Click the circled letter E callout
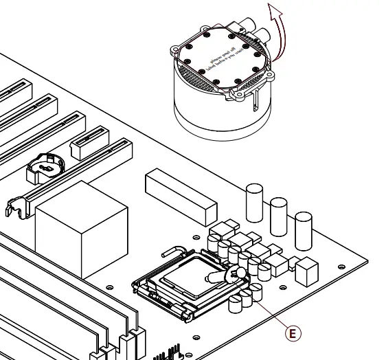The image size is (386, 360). [293, 333]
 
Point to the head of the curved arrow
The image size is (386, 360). [273, 9]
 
